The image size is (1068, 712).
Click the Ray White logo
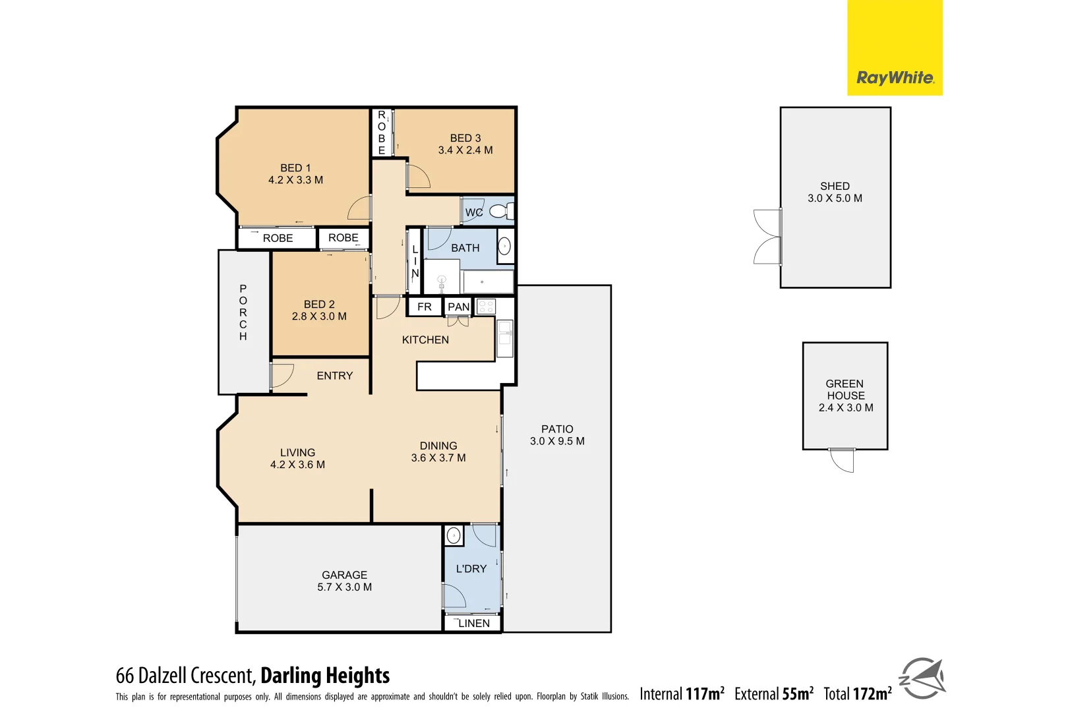pos(895,78)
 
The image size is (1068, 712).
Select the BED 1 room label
pos(295,168)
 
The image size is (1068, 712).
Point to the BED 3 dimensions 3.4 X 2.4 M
pos(465,150)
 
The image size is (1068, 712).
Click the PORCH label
pos(243,312)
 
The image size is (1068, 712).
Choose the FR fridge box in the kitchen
pos(425,307)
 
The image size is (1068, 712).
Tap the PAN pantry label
pos(458,307)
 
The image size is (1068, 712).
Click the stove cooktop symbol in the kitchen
pos(486,307)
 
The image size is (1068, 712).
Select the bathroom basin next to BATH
pos(504,247)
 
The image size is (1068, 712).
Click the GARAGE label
pos(344,575)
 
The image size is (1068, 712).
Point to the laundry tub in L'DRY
pos(454,535)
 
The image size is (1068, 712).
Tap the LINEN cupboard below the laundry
pos(473,623)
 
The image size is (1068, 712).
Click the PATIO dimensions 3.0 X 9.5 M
pos(557,441)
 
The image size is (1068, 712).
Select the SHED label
pos(835,187)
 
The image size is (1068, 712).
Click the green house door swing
pos(843,460)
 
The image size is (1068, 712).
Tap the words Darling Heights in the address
pos(325,676)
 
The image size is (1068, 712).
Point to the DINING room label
pos(438,446)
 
